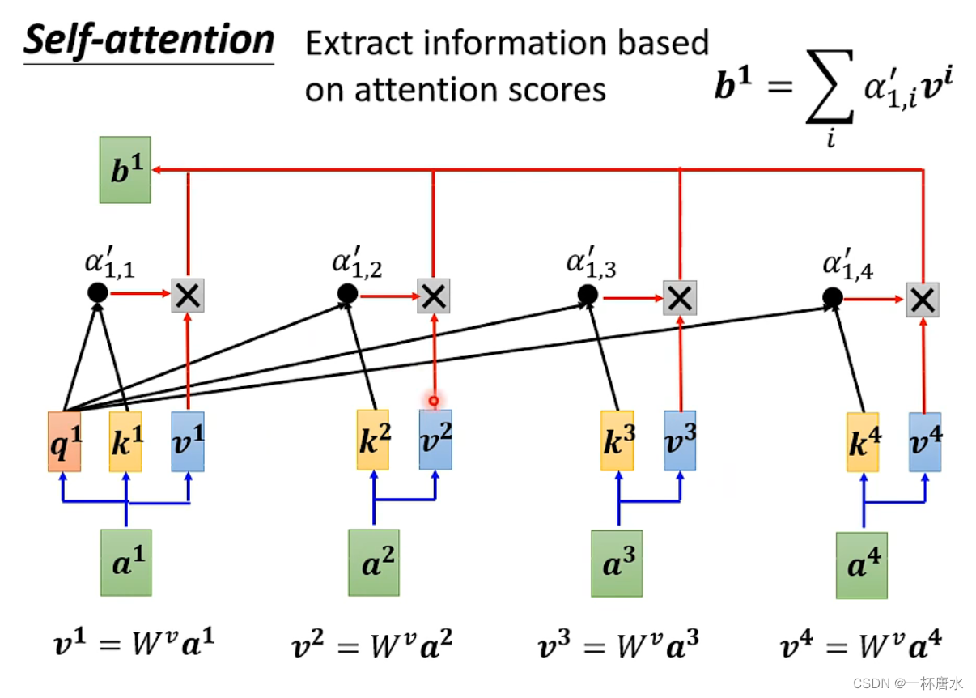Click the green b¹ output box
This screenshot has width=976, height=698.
tap(125, 169)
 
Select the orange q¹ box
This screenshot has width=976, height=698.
tap(64, 441)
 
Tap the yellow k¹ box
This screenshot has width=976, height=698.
tap(125, 441)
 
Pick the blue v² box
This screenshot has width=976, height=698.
tap(435, 440)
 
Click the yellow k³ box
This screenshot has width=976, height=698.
tap(617, 441)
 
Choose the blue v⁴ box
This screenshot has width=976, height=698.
tap(925, 441)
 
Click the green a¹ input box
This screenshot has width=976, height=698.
tap(125, 562)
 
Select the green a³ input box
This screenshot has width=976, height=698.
tap(617, 564)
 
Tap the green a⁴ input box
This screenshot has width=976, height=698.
tap(861, 564)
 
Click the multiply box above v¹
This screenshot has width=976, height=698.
tap(188, 296)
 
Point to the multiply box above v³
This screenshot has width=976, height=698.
tap(680, 298)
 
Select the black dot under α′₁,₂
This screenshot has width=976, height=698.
tap(347, 294)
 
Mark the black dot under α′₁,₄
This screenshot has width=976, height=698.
tap(832, 297)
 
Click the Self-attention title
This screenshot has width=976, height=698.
tap(149, 40)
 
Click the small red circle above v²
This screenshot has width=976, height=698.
tap(434, 400)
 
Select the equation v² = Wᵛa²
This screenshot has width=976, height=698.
tap(373, 646)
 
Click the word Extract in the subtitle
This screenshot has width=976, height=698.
tap(356, 43)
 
